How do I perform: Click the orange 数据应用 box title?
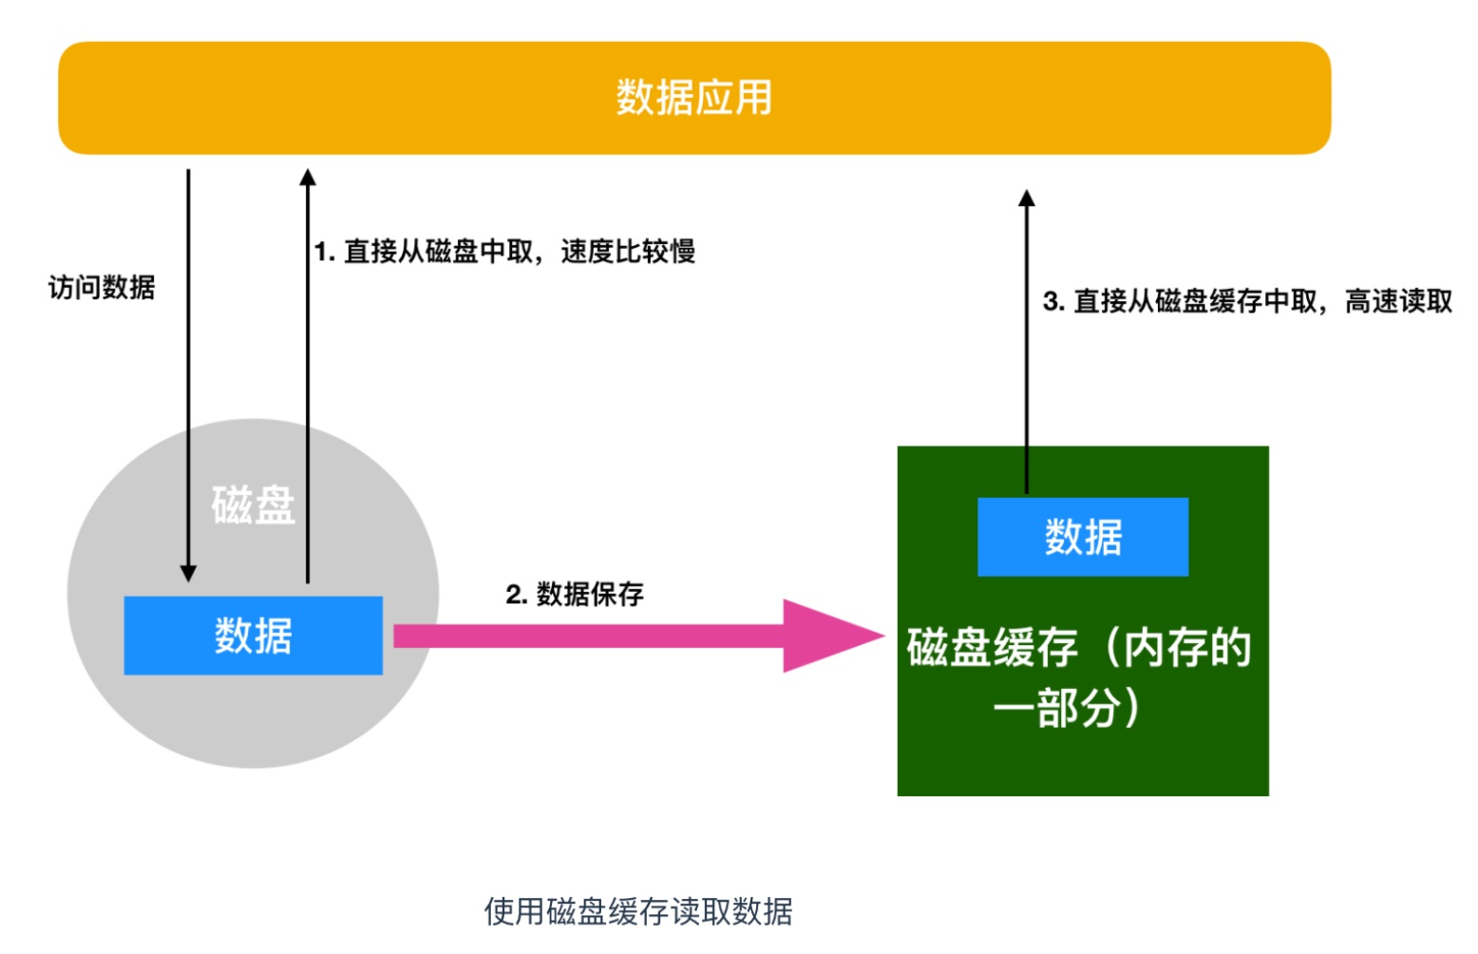tap(693, 98)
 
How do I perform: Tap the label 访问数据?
tap(102, 287)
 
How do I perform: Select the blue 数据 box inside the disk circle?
tap(253, 636)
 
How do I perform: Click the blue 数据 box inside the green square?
tap(1083, 537)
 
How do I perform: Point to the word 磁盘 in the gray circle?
tap(253, 505)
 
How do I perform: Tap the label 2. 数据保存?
tap(575, 595)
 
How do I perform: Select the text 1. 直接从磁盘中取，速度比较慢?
tap(504, 252)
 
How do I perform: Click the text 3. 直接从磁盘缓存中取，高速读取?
tap(1247, 301)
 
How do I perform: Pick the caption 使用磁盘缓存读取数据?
tap(638, 911)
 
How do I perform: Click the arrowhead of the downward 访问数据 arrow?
tap(188, 573)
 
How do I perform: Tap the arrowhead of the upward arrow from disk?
tap(307, 178)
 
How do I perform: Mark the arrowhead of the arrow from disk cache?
tap(1026, 199)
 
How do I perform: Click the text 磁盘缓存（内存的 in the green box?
tap(1079, 648)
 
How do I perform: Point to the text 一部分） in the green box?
tap(1066, 708)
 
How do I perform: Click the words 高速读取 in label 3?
tap(1398, 301)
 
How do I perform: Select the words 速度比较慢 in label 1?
tap(628, 252)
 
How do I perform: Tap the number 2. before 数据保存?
tap(516, 595)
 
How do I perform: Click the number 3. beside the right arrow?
tap(1053, 302)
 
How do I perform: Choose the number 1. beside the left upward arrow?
tap(325, 252)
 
